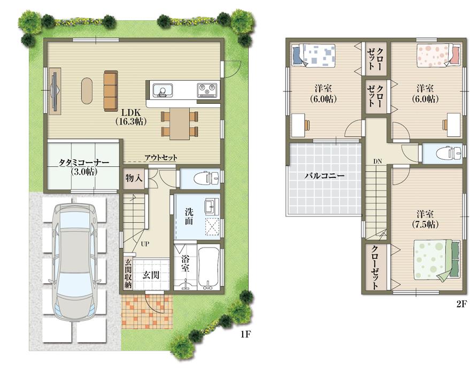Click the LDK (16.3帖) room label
pyautogui.click(x=130, y=117)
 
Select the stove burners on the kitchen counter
pyautogui.click(x=207, y=90)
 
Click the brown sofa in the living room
pyautogui.click(x=111, y=91)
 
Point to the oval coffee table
pyautogui.click(x=87, y=91)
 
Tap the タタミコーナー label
pyautogui.click(x=83, y=163)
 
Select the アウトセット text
pyautogui.click(x=161, y=158)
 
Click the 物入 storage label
pyautogui.click(x=134, y=179)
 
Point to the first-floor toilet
pyautogui.click(x=207, y=179)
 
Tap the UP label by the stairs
pyautogui.click(x=145, y=244)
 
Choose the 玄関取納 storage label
pyautogui.click(x=128, y=273)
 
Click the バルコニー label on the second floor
pyautogui.click(x=325, y=176)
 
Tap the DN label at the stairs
pyautogui.click(x=377, y=161)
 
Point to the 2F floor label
pyautogui.click(x=462, y=304)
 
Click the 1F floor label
pyautogui.click(x=245, y=335)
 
